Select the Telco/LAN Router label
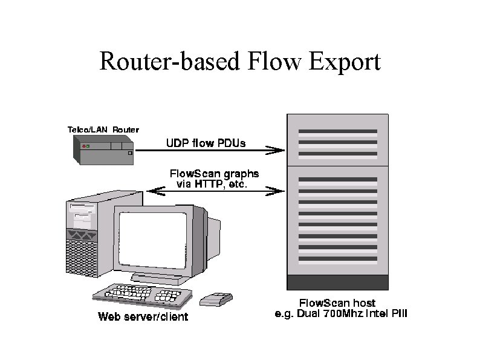coord(103,129)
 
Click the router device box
coord(103,151)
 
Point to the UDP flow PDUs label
coord(206,143)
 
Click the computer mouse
coord(216,298)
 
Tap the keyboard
coord(143,293)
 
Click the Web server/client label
coord(143,316)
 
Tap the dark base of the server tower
coord(337,282)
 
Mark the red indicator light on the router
coord(83,146)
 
